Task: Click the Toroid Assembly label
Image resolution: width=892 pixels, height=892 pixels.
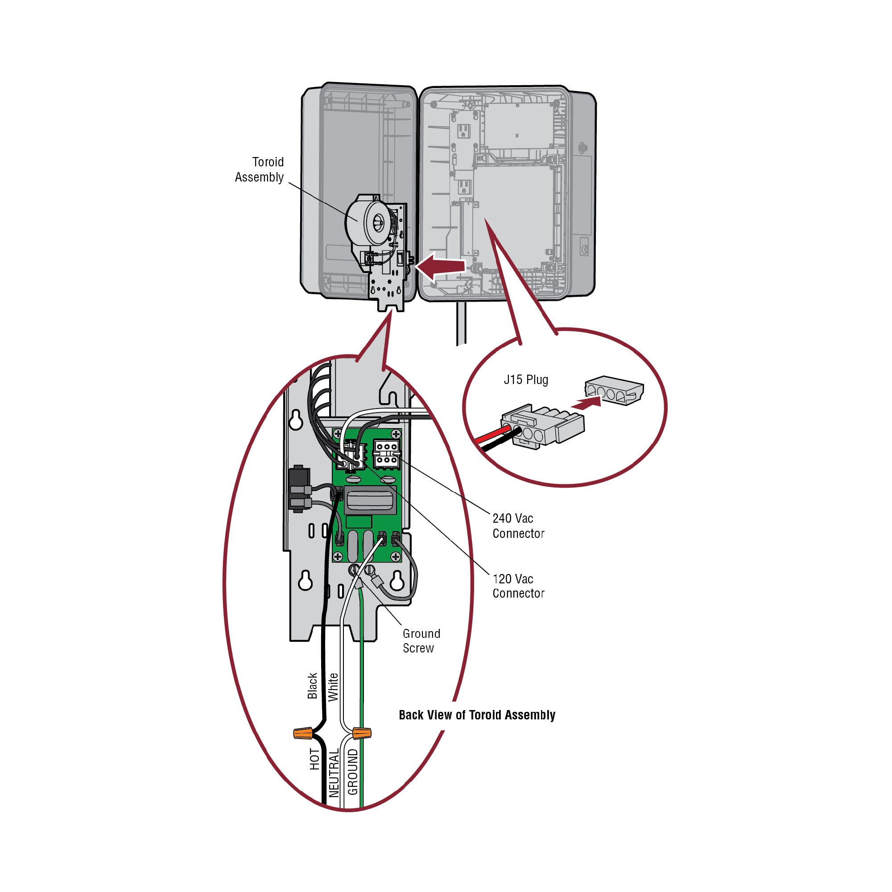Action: [260, 169]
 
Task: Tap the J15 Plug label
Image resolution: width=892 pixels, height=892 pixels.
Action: [526, 380]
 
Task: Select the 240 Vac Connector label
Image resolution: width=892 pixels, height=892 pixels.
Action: [518, 525]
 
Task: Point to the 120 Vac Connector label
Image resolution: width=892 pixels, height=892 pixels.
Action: [518, 586]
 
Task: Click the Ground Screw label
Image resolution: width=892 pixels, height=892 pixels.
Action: [421, 640]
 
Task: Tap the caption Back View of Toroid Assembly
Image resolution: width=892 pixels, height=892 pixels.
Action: [477, 714]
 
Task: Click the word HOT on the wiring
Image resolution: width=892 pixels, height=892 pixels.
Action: [314, 759]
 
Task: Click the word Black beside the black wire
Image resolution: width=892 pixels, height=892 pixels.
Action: [313, 686]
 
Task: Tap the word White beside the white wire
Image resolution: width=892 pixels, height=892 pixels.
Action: [333, 687]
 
